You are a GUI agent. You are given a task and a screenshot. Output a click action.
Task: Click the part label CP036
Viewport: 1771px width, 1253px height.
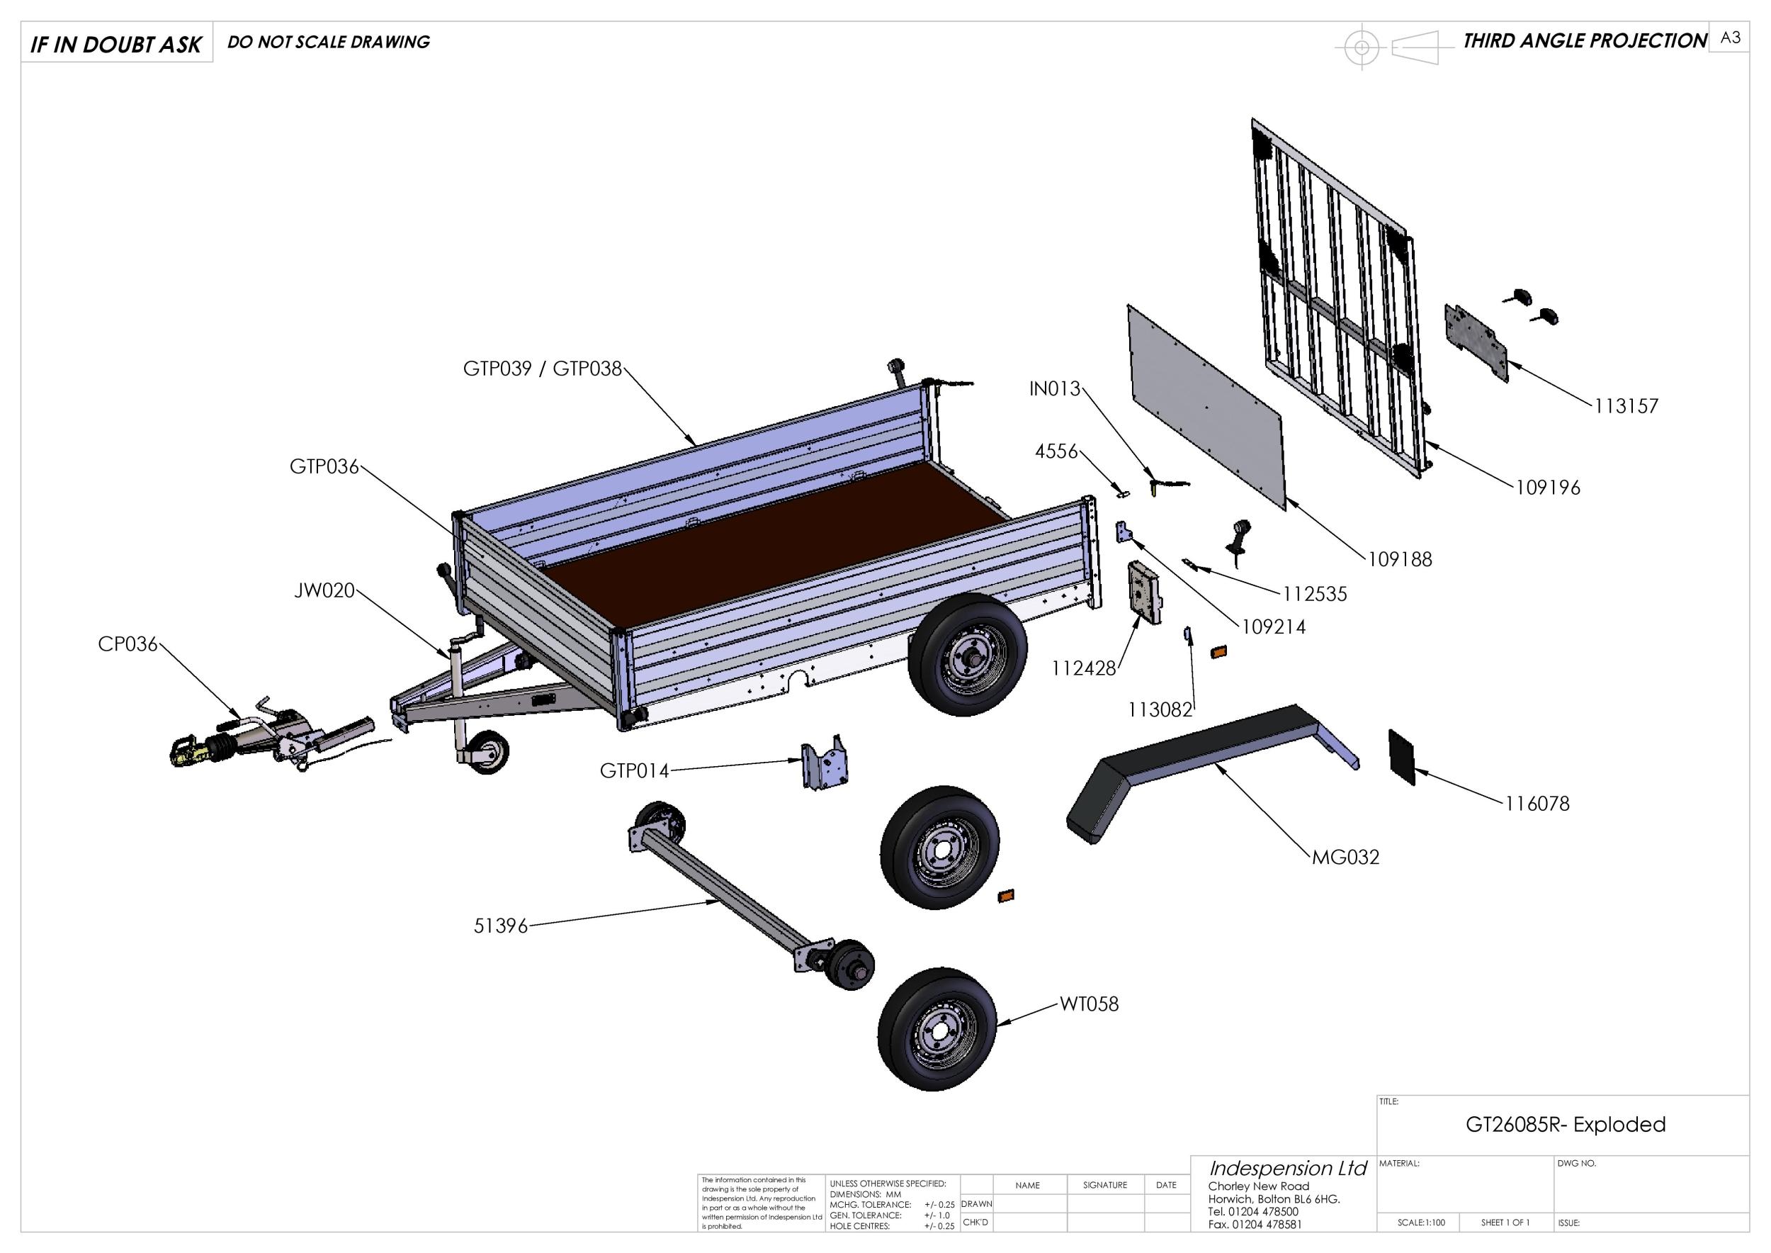[x=128, y=644]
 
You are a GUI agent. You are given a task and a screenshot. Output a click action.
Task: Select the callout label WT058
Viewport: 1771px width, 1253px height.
[x=1088, y=1004]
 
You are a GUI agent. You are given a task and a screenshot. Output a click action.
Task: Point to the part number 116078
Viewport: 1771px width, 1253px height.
[x=1537, y=803]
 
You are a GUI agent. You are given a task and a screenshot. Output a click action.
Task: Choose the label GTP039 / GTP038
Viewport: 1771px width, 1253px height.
[x=541, y=369]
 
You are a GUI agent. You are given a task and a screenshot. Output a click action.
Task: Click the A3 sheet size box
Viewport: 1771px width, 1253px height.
[x=1729, y=38]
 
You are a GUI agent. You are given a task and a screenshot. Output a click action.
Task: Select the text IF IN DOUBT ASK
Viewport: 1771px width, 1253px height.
[x=115, y=45]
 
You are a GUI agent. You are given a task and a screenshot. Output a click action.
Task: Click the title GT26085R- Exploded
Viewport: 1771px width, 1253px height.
[x=1565, y=1124]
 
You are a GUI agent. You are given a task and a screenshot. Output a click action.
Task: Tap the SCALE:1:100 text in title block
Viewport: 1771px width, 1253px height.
[x=1421, y=1222]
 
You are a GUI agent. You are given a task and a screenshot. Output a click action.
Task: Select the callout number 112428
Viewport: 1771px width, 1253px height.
[x=1083, y=669]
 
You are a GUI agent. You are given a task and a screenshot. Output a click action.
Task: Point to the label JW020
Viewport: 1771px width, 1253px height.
[x=324, y=591]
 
